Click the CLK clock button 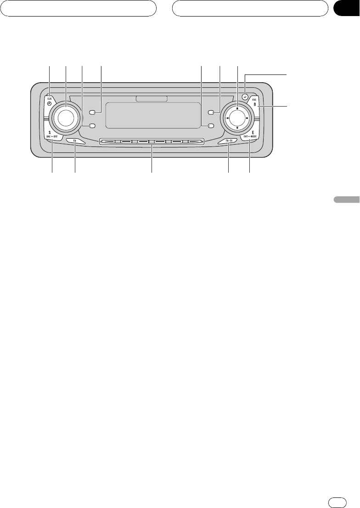point(49,101)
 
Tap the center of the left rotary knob point(65,117)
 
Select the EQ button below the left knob point(74,141)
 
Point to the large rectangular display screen point(152,115)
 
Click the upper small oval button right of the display point(210,112)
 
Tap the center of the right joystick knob point(237,118)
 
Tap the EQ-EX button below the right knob point(228,141)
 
